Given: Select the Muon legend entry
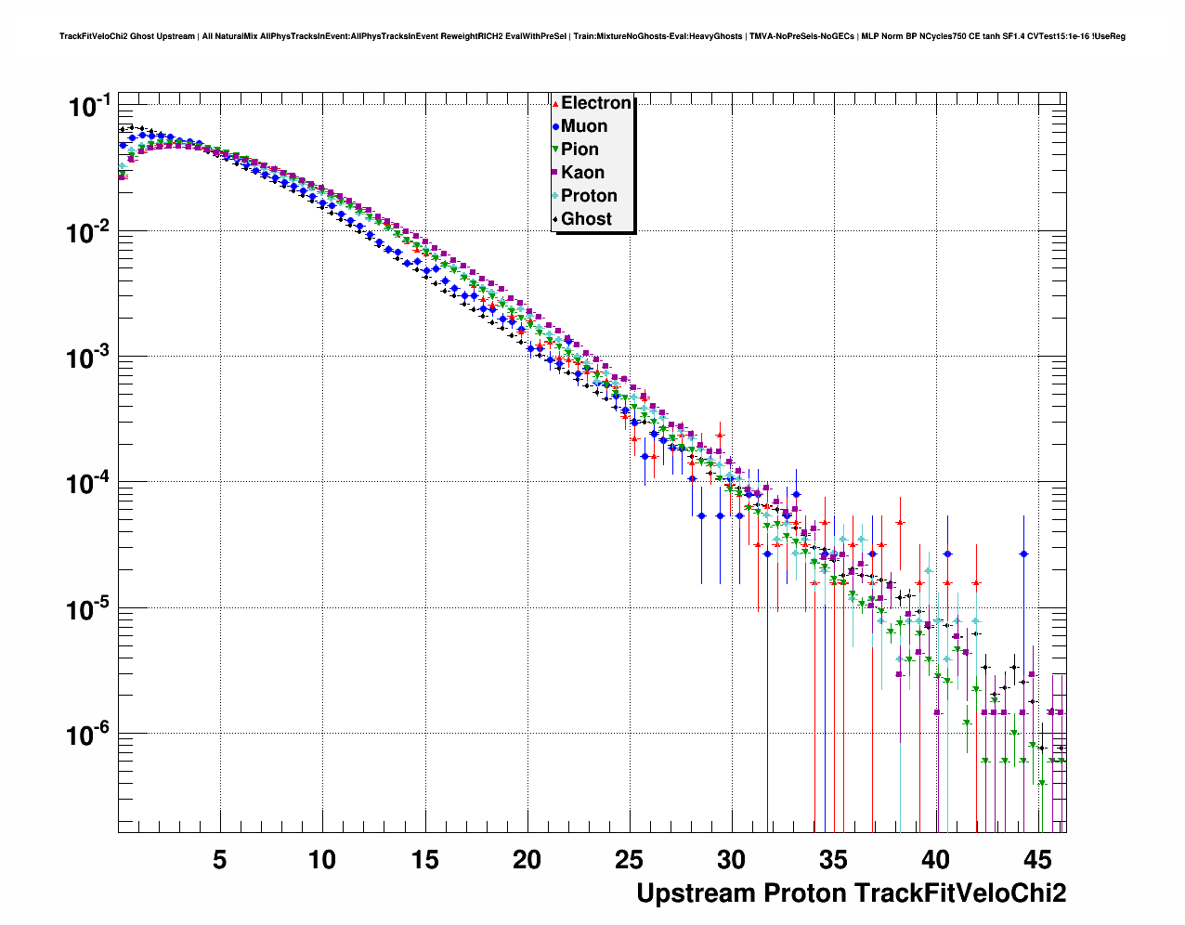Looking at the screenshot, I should coord(583,126).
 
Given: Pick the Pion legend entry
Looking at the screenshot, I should coord(579,150).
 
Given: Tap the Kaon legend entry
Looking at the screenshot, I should coord(582,173).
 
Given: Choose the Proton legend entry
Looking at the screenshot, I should coord(589,196).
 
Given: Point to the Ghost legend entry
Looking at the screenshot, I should coord(586,219).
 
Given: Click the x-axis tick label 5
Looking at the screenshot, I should coord(219,860).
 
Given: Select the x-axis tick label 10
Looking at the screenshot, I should coord(321,860).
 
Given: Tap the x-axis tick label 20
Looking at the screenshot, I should coord(527,860).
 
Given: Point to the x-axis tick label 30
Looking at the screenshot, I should coord(731,860).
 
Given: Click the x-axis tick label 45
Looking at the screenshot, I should coord(1038,860).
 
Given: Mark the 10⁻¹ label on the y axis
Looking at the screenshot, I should coord(89,107).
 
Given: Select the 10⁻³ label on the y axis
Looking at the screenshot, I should coord(89,358).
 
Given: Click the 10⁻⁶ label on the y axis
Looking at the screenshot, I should coord(89,736).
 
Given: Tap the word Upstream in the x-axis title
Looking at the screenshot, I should coord(696,893).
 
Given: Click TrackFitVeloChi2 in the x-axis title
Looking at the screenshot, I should coord(960,893).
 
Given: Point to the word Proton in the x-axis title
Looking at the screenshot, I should coord(805,893).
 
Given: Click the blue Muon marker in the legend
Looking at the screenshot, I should coord(555,126).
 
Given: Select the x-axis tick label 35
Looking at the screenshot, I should coord(833,860).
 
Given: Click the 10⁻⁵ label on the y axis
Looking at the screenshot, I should coord(89,609).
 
